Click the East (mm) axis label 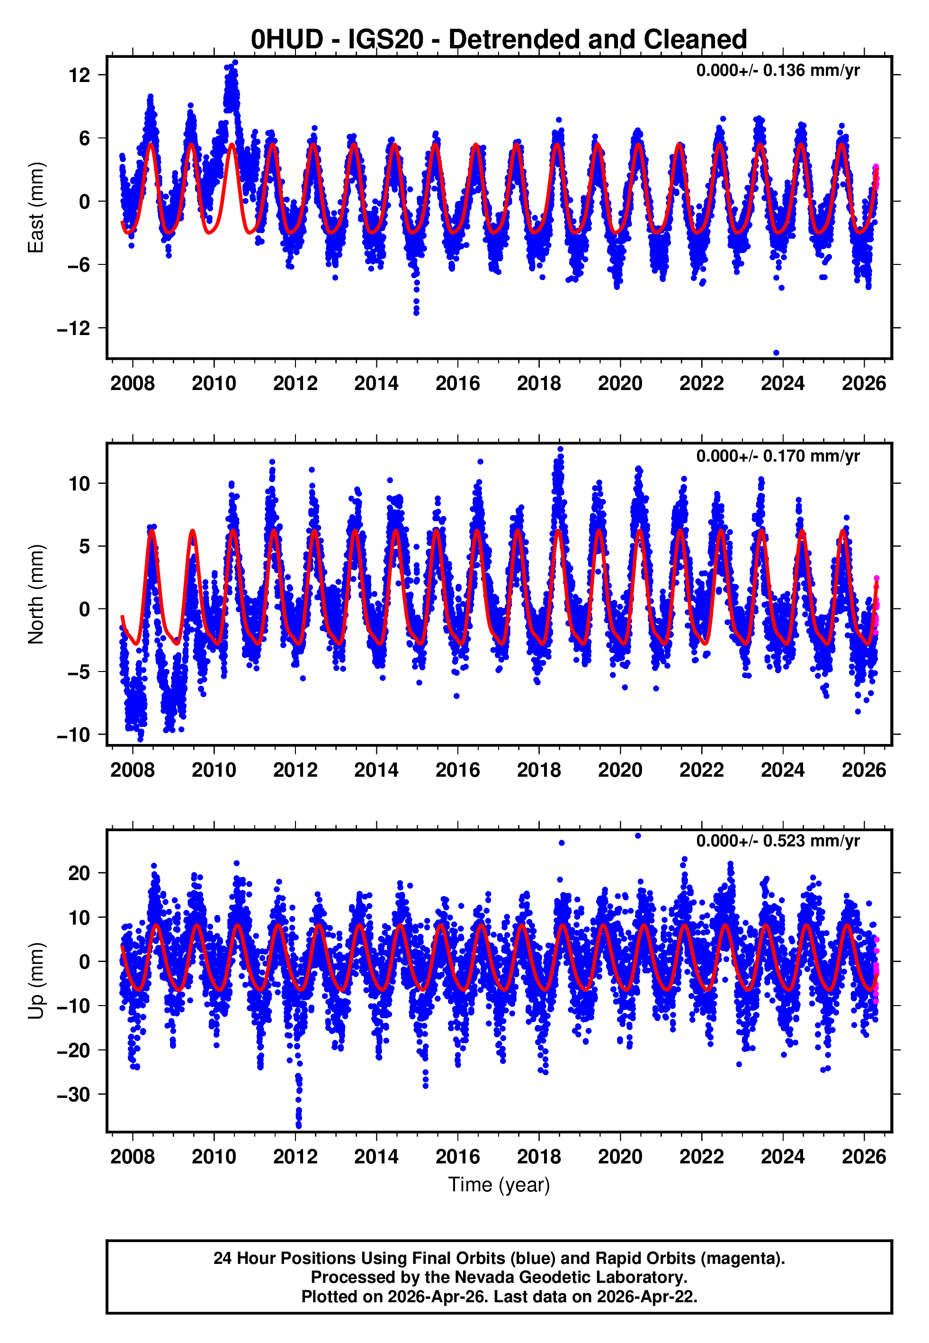(36, 208)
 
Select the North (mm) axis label (36, 594)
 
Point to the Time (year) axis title (499, 1185)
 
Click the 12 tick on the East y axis (79, 75)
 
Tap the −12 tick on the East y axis (73, 328)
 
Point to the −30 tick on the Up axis (73, 1094)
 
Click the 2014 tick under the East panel (376, 384)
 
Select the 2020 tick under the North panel (620, 770)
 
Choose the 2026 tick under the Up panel (864, 1156)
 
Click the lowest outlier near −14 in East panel (776, 353)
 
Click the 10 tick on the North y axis (79, 483)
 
